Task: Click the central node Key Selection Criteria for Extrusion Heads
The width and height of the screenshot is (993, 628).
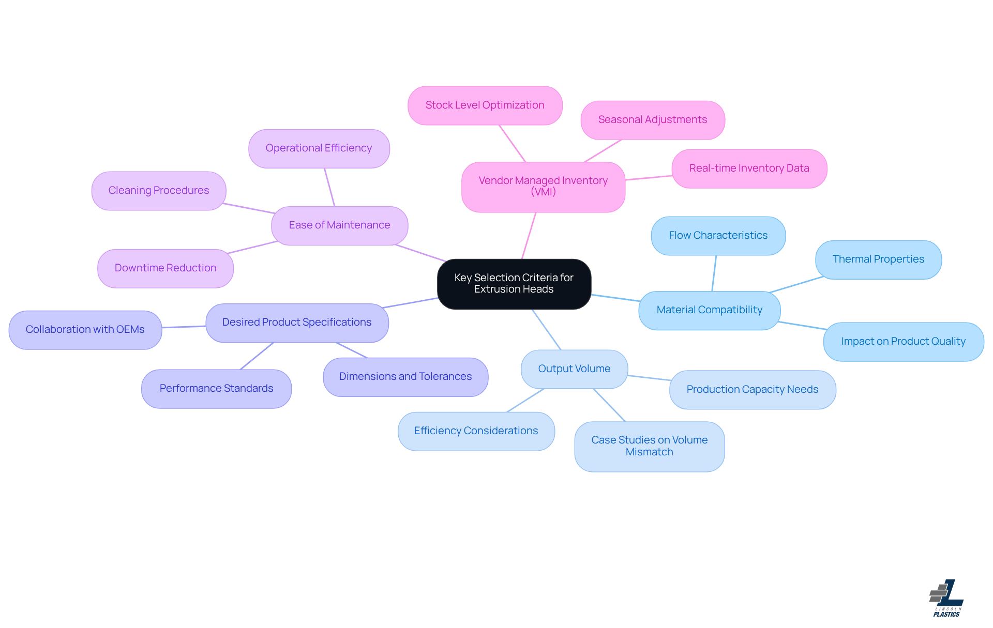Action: pyautogui.click(x=514, y=284)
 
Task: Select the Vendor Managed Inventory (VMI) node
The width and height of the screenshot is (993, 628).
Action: pyautogui.click(x=543, y=187)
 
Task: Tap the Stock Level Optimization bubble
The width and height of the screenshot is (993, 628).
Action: pyautogui.click(x=485, y=105)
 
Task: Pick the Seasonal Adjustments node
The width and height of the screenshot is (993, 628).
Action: pyautogui.click(x=652, y=120)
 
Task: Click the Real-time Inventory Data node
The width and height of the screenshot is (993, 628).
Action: pyautogui.click(x=749, y=169)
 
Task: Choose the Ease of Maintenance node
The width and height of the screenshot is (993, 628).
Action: pyautogui.click(x=339, y=225)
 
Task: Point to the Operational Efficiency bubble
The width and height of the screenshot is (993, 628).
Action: pyautogui.click(x=319, y=148)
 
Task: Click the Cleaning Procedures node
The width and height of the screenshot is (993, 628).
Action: pyautogui.click(x=158, y=191)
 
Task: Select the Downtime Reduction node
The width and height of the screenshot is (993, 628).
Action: pyautogui.click(x=165, y=268)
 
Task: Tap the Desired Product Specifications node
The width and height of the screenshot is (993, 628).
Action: pyautogui.click(x=297, y=323)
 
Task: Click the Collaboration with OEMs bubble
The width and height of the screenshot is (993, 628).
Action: pyautogui.click(x=85, y=330)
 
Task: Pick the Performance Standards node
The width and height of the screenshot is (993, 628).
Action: pyautogui.click(x=216, y=389)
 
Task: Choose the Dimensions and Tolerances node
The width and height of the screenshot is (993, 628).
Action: pyautogui.click(x=405, y=377)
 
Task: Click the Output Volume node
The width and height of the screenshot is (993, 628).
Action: pyautogui.click(x=574, y=369)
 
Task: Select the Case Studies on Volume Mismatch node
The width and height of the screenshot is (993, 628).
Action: pyautogui.click(x=649, y=446)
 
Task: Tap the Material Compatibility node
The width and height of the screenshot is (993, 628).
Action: pyautogui.click(x=709, y=310)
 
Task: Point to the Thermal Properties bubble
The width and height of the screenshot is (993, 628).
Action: pyautogui.click(x=878, y=259)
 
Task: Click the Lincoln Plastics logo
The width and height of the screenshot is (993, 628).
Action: pyautogui.click(x=946, y=598)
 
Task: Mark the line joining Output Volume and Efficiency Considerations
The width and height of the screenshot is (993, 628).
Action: pyautogui.click(x=525, y=401)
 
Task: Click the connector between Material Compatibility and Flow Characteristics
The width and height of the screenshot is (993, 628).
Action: pyautogui.click(x=714, y=273)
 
